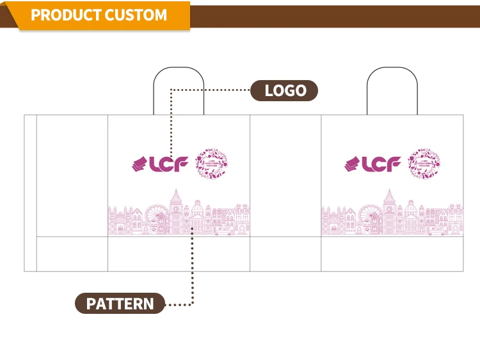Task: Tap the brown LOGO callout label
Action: [284, 90]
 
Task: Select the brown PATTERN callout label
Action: [120, 303]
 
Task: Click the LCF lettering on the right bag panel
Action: [382, 165]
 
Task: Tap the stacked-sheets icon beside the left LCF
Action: [139, 165]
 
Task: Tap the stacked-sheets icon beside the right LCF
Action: [352, 165]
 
